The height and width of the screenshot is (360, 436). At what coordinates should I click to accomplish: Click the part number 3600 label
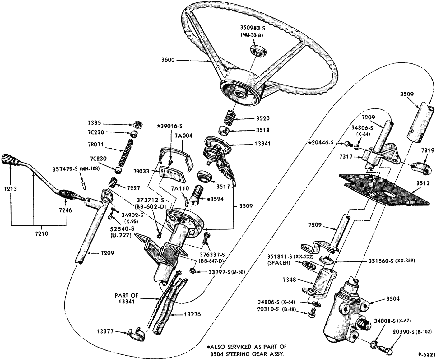point(168,60)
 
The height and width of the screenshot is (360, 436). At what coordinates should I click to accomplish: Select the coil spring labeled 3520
point(230,118)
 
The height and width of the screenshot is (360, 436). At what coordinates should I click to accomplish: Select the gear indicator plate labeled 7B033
point(171,175)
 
